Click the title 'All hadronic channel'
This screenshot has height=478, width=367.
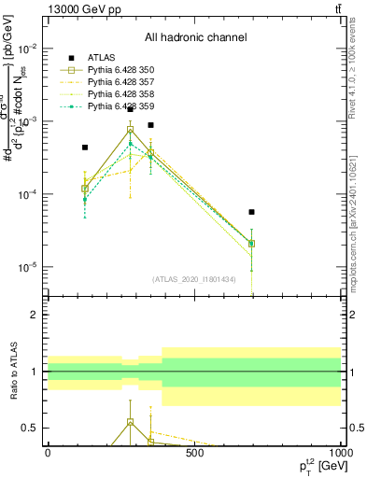point(195,37)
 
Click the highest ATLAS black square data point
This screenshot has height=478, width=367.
point(131,109)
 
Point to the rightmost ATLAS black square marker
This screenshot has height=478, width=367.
point(251,212)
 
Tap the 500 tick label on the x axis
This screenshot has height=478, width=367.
point(194,453)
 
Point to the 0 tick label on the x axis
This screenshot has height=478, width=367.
point(48,453)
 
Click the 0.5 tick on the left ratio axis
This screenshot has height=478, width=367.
point(27,428)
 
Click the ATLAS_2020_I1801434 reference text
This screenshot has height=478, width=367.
point(193,279)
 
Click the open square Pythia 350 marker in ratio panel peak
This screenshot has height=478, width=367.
point(131,422)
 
